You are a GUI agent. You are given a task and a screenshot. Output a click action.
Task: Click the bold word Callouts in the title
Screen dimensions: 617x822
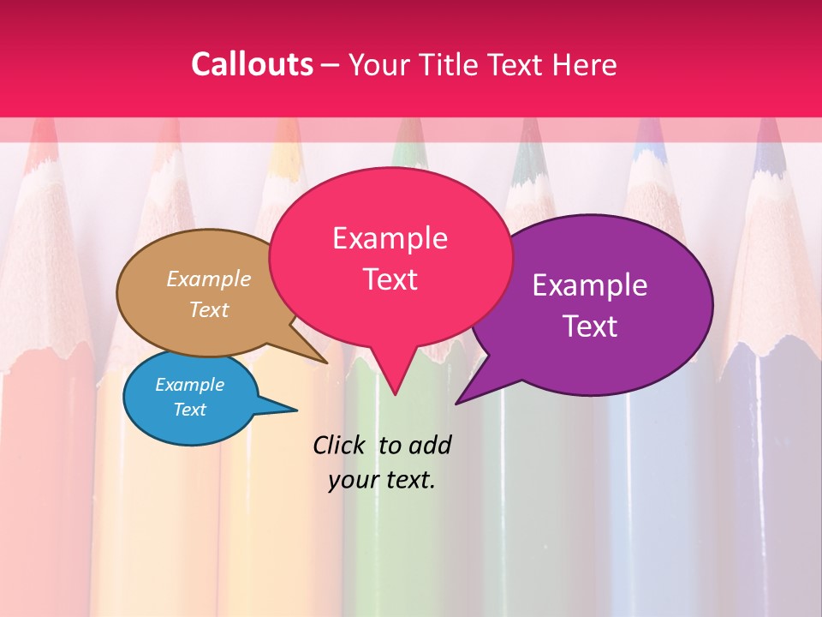tap(252, 64)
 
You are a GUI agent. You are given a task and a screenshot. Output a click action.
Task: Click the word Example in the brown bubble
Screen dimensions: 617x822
tap(209, 279)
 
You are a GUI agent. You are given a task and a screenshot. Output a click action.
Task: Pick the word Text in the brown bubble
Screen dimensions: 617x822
tap(209, 309)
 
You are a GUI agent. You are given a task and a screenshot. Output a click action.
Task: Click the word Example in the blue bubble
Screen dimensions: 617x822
tap(189, 385)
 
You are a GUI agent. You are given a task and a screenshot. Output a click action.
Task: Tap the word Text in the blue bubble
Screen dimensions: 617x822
tap(189, 410)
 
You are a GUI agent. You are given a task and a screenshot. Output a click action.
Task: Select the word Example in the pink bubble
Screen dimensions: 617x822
tap(390, 238)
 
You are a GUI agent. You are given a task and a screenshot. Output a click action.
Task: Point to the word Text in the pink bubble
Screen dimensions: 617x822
tap(390, 279)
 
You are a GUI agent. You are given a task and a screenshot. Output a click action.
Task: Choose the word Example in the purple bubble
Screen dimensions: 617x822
tap(590, 285)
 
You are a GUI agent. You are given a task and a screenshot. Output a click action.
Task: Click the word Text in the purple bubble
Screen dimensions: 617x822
tap(590, 326)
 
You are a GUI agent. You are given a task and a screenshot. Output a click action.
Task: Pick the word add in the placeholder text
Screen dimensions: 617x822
tap(430, 445)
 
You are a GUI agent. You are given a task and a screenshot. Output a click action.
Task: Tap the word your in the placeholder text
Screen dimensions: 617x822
tap(352, 480)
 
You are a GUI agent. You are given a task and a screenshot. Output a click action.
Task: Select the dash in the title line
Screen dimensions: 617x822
tap(331, 64)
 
